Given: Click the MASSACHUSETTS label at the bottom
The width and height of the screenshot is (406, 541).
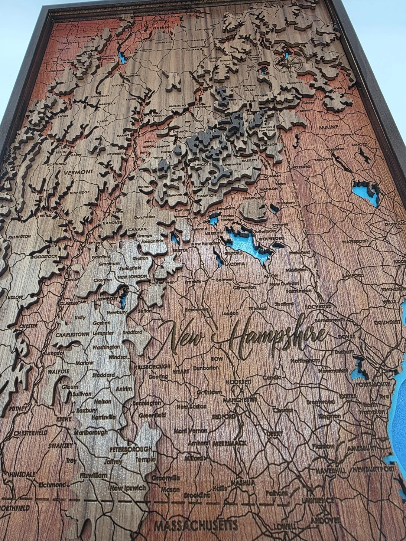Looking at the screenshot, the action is (195, 526).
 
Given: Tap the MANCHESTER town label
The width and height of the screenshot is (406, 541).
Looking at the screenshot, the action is (240, 400).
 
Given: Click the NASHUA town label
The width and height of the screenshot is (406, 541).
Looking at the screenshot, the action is (243, 483).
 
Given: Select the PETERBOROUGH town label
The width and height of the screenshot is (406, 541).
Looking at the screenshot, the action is (131, 449).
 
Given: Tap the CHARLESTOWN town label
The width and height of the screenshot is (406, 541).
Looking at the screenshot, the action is (73, 334).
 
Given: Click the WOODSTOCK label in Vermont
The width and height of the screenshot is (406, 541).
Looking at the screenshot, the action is (43, 256).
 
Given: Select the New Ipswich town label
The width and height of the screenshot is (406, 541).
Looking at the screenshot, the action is (127, 488).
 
